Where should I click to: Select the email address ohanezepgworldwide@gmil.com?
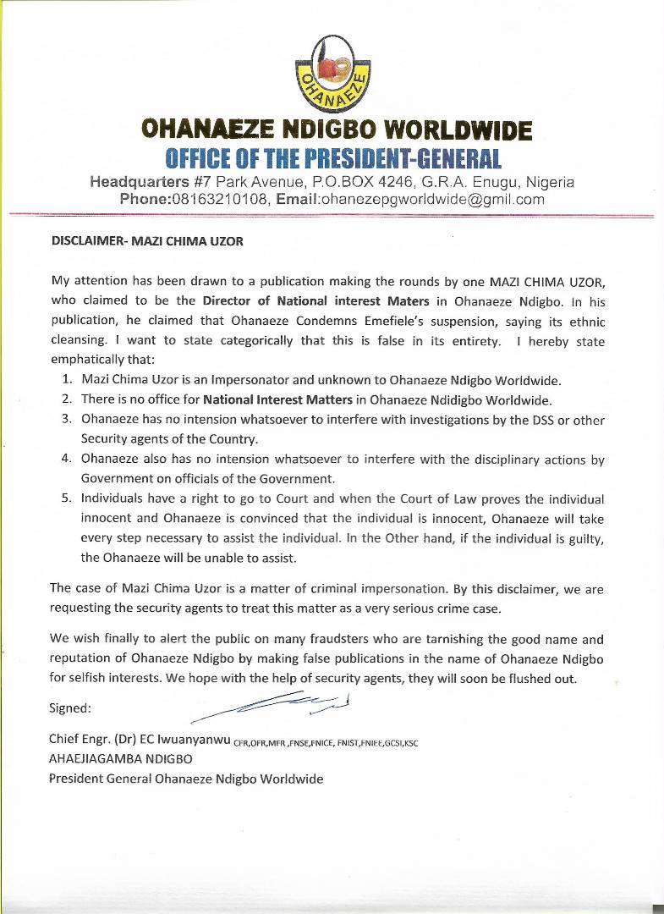pos(431,200)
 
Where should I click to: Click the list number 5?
pos(66,498)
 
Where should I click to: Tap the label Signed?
pos(70,708)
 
